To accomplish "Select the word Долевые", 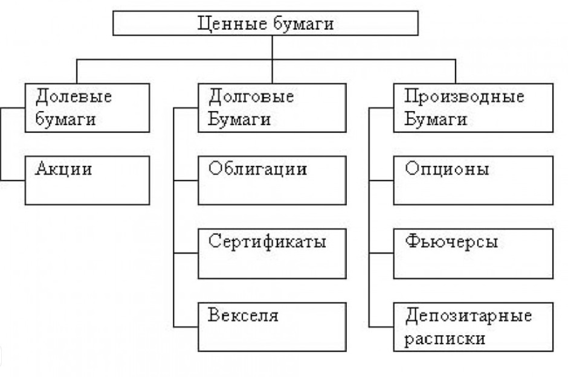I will click(74, 97).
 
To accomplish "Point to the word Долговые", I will click(251, 97).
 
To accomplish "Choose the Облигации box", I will click(272, 180).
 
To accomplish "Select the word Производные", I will click(464, 97).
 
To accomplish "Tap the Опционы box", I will click(473, 180).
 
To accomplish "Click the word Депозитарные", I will click(469, 316).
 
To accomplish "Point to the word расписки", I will click(445, 338).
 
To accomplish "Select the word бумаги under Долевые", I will click(66, 119).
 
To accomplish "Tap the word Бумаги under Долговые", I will click(239, 119).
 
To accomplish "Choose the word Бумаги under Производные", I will click(434, 119).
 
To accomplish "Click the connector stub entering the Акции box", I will click(13, 180).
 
